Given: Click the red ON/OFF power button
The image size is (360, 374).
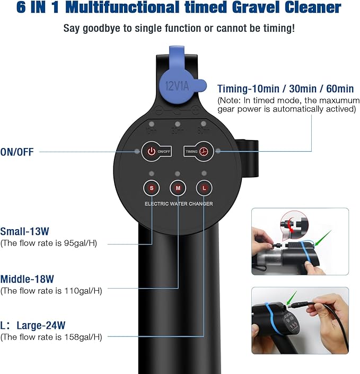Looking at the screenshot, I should (x=152, y=151).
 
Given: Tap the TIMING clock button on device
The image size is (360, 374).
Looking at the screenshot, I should (x=204, y=151).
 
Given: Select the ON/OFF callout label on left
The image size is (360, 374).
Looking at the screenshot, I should (x=17, y=152).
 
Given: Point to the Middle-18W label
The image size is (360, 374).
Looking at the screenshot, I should (x=27, y=279).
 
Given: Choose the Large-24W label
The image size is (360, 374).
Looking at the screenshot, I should (x=33, y=325).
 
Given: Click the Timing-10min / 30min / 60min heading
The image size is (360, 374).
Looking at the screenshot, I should (x=285, y=89).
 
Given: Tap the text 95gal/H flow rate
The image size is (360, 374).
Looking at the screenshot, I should (x=78, y=243).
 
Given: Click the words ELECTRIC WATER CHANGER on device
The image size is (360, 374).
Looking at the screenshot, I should (x=179, y=204).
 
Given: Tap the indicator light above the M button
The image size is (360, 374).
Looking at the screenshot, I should (x=178, y=174).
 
